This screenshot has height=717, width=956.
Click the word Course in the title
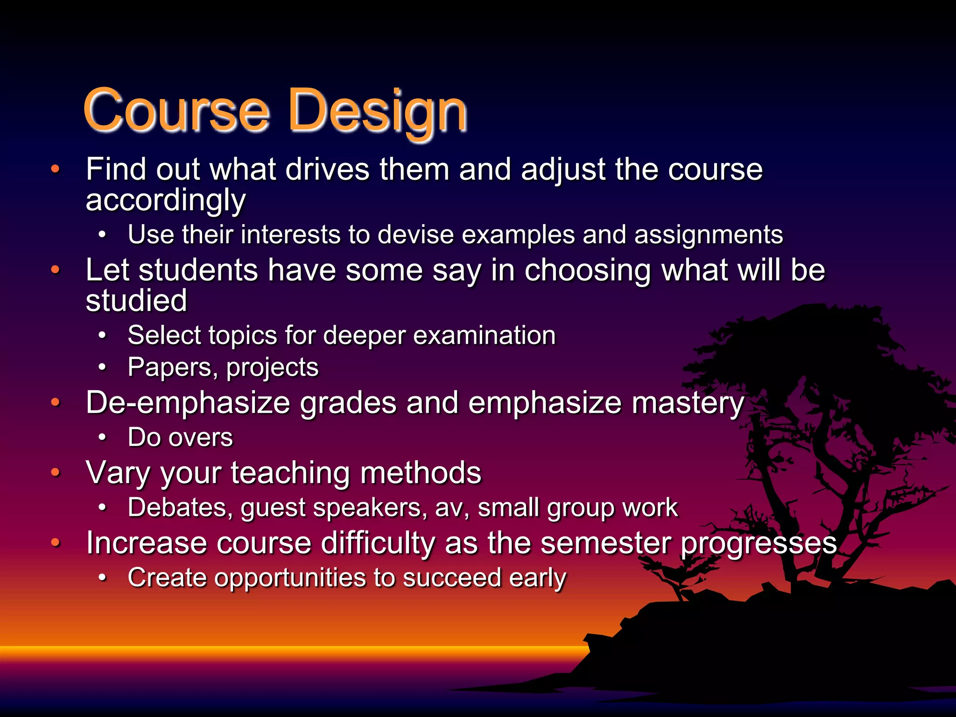pyautogui.click(x=176, y=110)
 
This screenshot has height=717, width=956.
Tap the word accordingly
pyautogui.click(x=165, y=201)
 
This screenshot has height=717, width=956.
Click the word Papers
pyautogui.click(x=173, y=367)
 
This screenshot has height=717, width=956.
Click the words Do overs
pyautogui.click(x=180, y=438)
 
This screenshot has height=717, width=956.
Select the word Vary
pyautogui.click(x=118, y=473)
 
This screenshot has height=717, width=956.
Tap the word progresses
pyautogui.click(x=758, y=544)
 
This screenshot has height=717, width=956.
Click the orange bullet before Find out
pyautogui.click(x=56, y=169)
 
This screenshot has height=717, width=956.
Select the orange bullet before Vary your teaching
pyautogui.click(x=56, y=472)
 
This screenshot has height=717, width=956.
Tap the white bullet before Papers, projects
pyautogui.click(x=102, y=367)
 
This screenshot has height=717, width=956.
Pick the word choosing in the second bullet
pyautogui.click(x=587, y=270)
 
